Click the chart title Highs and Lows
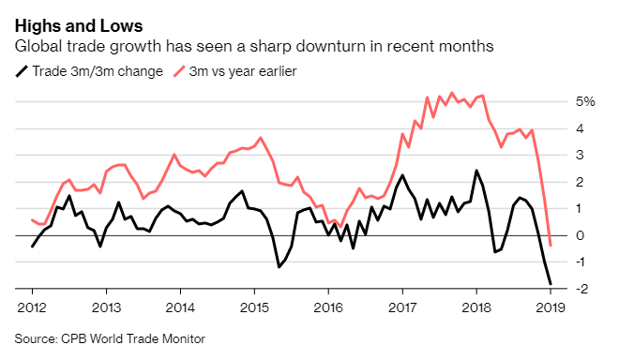click(79, 26)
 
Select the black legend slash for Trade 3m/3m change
click(22, 72)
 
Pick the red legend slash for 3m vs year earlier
click(179, 72)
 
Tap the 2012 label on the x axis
click(32, 307)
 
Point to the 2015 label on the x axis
click(254, 307)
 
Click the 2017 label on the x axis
click(402, 307)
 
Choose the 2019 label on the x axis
click(551, 307)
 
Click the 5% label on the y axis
click(585, 102)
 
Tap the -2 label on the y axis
click(582, 290)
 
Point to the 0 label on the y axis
click(580, 235)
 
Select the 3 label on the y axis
click(580, 155)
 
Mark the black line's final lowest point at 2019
click(551, 284)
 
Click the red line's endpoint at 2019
click(551, 246)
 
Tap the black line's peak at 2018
click(476, 171)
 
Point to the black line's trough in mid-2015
click(279, 267)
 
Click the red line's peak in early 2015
click(261, 138)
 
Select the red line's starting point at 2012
click(32, 220)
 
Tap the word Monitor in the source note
click(184, 339)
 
